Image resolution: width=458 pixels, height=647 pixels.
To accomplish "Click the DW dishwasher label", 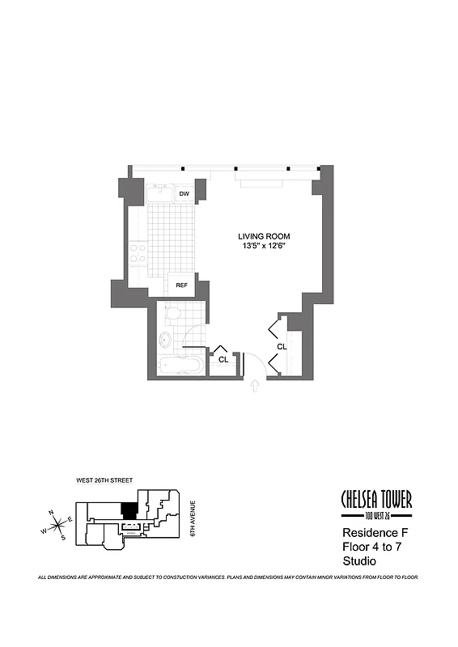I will click(x=184, y=194).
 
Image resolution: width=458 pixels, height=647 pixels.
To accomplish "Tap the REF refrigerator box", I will click(x=181, y=285).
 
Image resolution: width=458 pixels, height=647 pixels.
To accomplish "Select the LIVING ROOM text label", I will click(x=264, y=236).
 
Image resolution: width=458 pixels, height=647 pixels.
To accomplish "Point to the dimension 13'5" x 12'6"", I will click(x=264, y=246).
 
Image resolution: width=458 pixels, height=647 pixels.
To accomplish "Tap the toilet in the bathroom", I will click(x=172, y=312).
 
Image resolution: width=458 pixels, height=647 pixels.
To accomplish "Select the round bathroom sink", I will click(x=166, y=339).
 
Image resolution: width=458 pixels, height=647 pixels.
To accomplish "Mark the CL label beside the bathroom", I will click(x=223, y=358).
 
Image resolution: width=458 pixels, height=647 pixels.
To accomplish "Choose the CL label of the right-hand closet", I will click(x=282, y=346).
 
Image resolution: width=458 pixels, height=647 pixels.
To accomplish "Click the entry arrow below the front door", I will click(x=257, y=387).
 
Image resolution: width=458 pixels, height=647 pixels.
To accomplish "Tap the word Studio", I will click(x=360, y=560).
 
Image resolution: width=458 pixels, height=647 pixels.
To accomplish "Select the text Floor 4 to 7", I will click(x=373, y=547).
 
